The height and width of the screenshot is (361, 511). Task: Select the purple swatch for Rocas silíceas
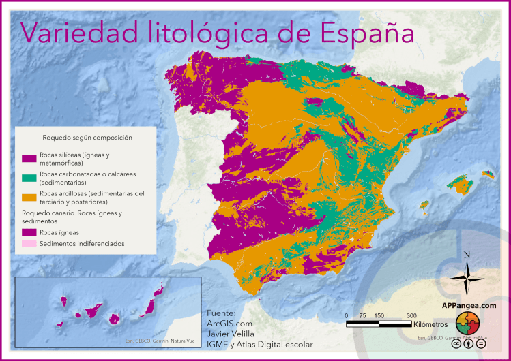(28, 159)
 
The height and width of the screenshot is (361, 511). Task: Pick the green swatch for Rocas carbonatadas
(28, 178)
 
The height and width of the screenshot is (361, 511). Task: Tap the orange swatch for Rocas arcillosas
(28, 198)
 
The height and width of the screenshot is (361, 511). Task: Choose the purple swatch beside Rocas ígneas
(28, 232)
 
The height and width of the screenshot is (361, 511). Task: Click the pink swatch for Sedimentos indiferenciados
(28, 243)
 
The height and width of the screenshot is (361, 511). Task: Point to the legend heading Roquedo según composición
(87, 138)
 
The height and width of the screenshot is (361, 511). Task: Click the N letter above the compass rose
(467, 255)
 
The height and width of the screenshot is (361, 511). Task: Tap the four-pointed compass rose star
(467, 279)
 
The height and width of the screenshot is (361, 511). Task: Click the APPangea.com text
(469, 306)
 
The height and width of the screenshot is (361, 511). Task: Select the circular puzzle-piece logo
(468, 324)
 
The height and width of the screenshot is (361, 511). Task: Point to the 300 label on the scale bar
(411, 315)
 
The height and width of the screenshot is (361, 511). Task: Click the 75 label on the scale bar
(362, 315)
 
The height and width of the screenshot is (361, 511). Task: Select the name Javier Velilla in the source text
(230, 334)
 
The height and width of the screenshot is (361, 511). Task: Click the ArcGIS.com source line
(229, 324)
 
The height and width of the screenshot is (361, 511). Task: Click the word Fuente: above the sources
(221, 313)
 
